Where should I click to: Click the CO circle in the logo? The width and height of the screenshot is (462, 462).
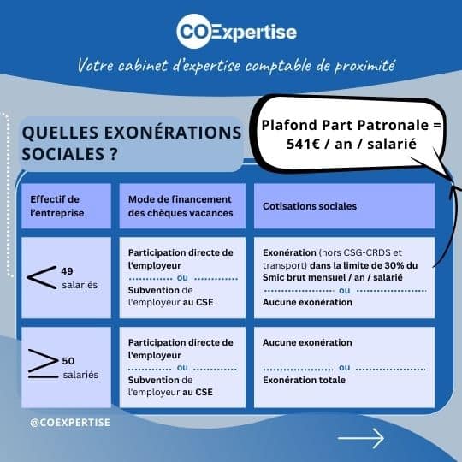point(194,31)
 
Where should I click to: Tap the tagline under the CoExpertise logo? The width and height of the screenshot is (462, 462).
point(236,65)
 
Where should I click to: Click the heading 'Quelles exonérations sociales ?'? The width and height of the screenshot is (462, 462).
point(132,143)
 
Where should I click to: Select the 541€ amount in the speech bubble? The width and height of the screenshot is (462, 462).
point(303,144)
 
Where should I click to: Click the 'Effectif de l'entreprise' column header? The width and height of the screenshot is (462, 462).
point(56,206)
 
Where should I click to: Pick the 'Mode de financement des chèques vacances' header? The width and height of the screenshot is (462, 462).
point(181,206)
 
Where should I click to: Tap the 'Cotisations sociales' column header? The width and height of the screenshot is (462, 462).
point(310,206)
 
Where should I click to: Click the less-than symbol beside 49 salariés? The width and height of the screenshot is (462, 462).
point(42,277)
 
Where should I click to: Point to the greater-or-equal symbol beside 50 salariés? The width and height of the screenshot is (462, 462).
point(44,364)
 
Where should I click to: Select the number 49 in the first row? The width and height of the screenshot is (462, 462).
point(68,271)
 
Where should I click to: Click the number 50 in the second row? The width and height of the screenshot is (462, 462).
point(68,361)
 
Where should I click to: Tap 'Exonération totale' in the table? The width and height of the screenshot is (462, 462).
point(304,380)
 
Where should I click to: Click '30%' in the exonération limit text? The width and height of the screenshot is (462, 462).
point(394,265)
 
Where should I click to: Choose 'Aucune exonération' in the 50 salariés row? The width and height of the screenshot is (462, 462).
point(307,342)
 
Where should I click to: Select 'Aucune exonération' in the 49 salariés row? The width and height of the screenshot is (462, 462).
point(307,302)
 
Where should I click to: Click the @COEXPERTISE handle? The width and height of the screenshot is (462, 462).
point(70,423)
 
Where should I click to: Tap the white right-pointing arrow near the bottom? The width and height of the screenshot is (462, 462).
point(361,438)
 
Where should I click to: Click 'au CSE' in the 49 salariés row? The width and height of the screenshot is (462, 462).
point(198,302)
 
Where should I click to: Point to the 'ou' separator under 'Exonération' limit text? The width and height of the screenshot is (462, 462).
point(345,291)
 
